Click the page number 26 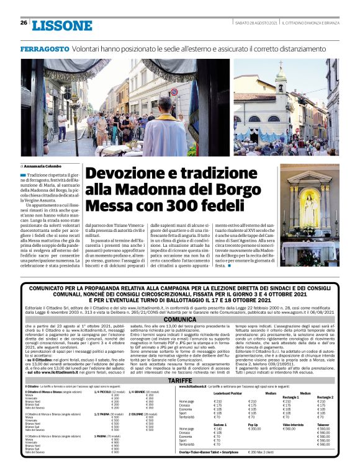[x=23, y=24]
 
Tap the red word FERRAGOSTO [x=44, y=48]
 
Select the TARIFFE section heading [x=179, y=379]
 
